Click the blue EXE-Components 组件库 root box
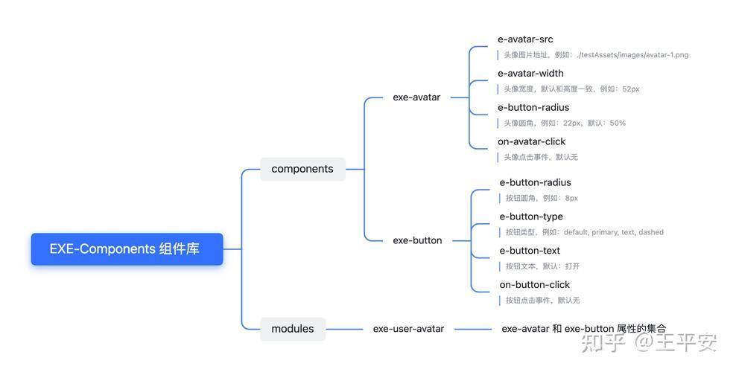coord(127,248)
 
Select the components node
coord(302,169)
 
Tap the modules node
coord(293,329)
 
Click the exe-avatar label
coord(417,97)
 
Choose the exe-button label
coord(417,240)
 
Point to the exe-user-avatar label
coord(408,329)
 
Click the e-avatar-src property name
coord(525,39)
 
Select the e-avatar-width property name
coord(530,74)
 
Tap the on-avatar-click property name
coord(532,141)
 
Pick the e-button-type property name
coord(531,217)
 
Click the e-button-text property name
coord(530,251)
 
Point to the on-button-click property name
coord(535,285)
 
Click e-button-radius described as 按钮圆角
coord(536,183)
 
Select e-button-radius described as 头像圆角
coord(533,108)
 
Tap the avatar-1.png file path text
coord(632,55)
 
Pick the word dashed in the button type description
coord(651,232)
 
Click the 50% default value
coord(618,124)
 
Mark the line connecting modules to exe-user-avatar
coord(344,329)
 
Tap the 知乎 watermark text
coord(603,343)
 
